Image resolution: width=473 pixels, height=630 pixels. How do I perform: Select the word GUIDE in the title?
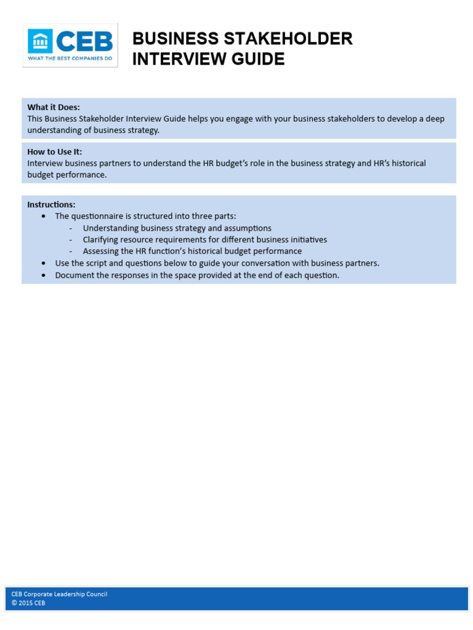pyautogui.click(x=259, y=59)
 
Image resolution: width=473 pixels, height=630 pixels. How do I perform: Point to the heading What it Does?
pyautogui.click(x=54, y=107)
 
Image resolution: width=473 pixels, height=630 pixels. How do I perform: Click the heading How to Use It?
pyautogui.click(x=54, y=151)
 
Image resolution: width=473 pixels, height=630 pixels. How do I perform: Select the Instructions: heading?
pyautogui.click(x=51, y=204)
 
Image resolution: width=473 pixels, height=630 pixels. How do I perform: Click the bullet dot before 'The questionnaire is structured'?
pyautogui.click(x=43, y=217)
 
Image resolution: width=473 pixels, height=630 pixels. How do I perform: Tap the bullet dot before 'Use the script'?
pyautogui.click(x=43, y=263)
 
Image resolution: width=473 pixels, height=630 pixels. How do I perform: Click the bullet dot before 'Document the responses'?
pyautogui.click(x=43, y=275)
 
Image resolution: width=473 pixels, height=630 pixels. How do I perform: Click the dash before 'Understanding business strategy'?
pyautogui.click(x=71, y=228)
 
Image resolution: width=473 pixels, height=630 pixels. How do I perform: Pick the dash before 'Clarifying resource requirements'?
pyautogui.click(x=71, y=240)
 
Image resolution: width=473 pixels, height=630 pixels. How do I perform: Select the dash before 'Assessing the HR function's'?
pyautogui.click(x=71, y=252)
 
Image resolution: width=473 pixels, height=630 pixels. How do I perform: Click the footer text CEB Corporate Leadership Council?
pyautogui.click(x=59, y=594)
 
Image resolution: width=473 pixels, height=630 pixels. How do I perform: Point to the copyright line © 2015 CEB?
pyautogui.click(x=28, y=603)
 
